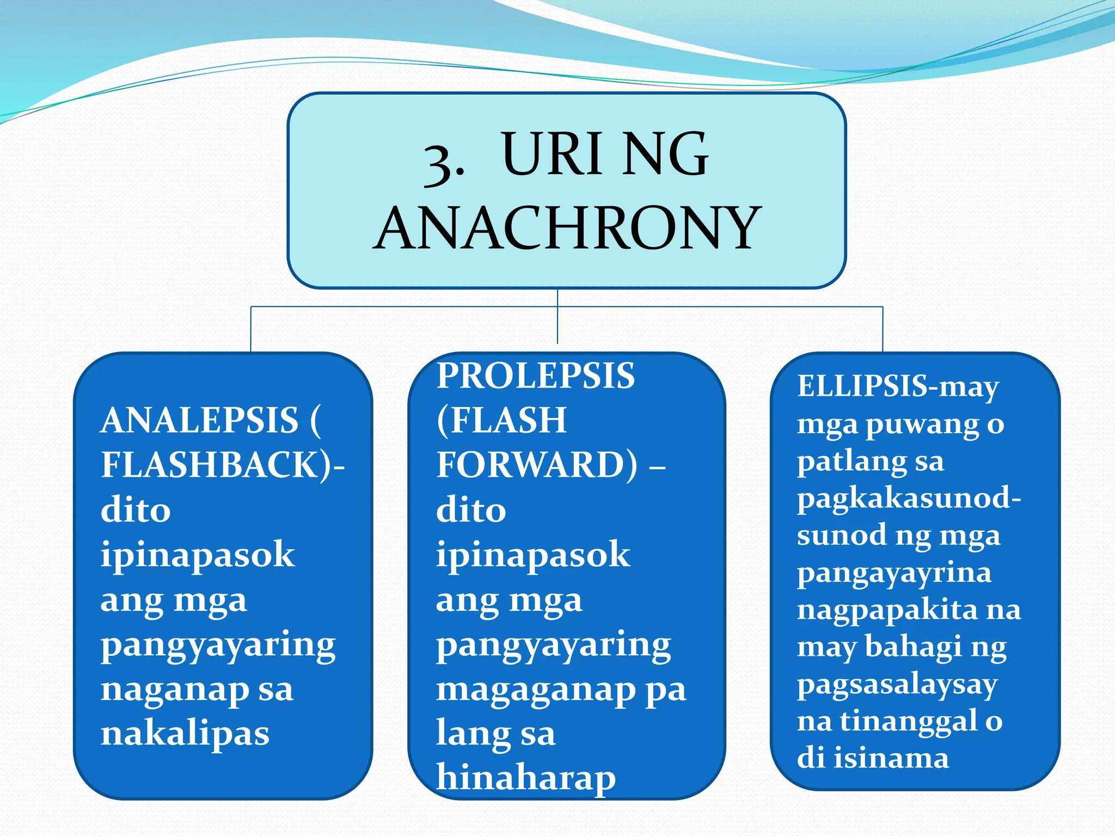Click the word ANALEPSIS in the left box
click(x=200, y=421)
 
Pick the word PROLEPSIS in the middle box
click(x=536, y=376)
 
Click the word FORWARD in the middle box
click(x=537, y=465)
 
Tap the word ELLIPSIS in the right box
click(x=862, y=386)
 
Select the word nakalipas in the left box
click(x=185, y=733)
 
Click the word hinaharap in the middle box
click(x=526, y=778)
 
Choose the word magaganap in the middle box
click(x=536, y=690)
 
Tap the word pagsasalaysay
click(x=897, y=685)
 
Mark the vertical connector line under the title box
click(x=557, y=316)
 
